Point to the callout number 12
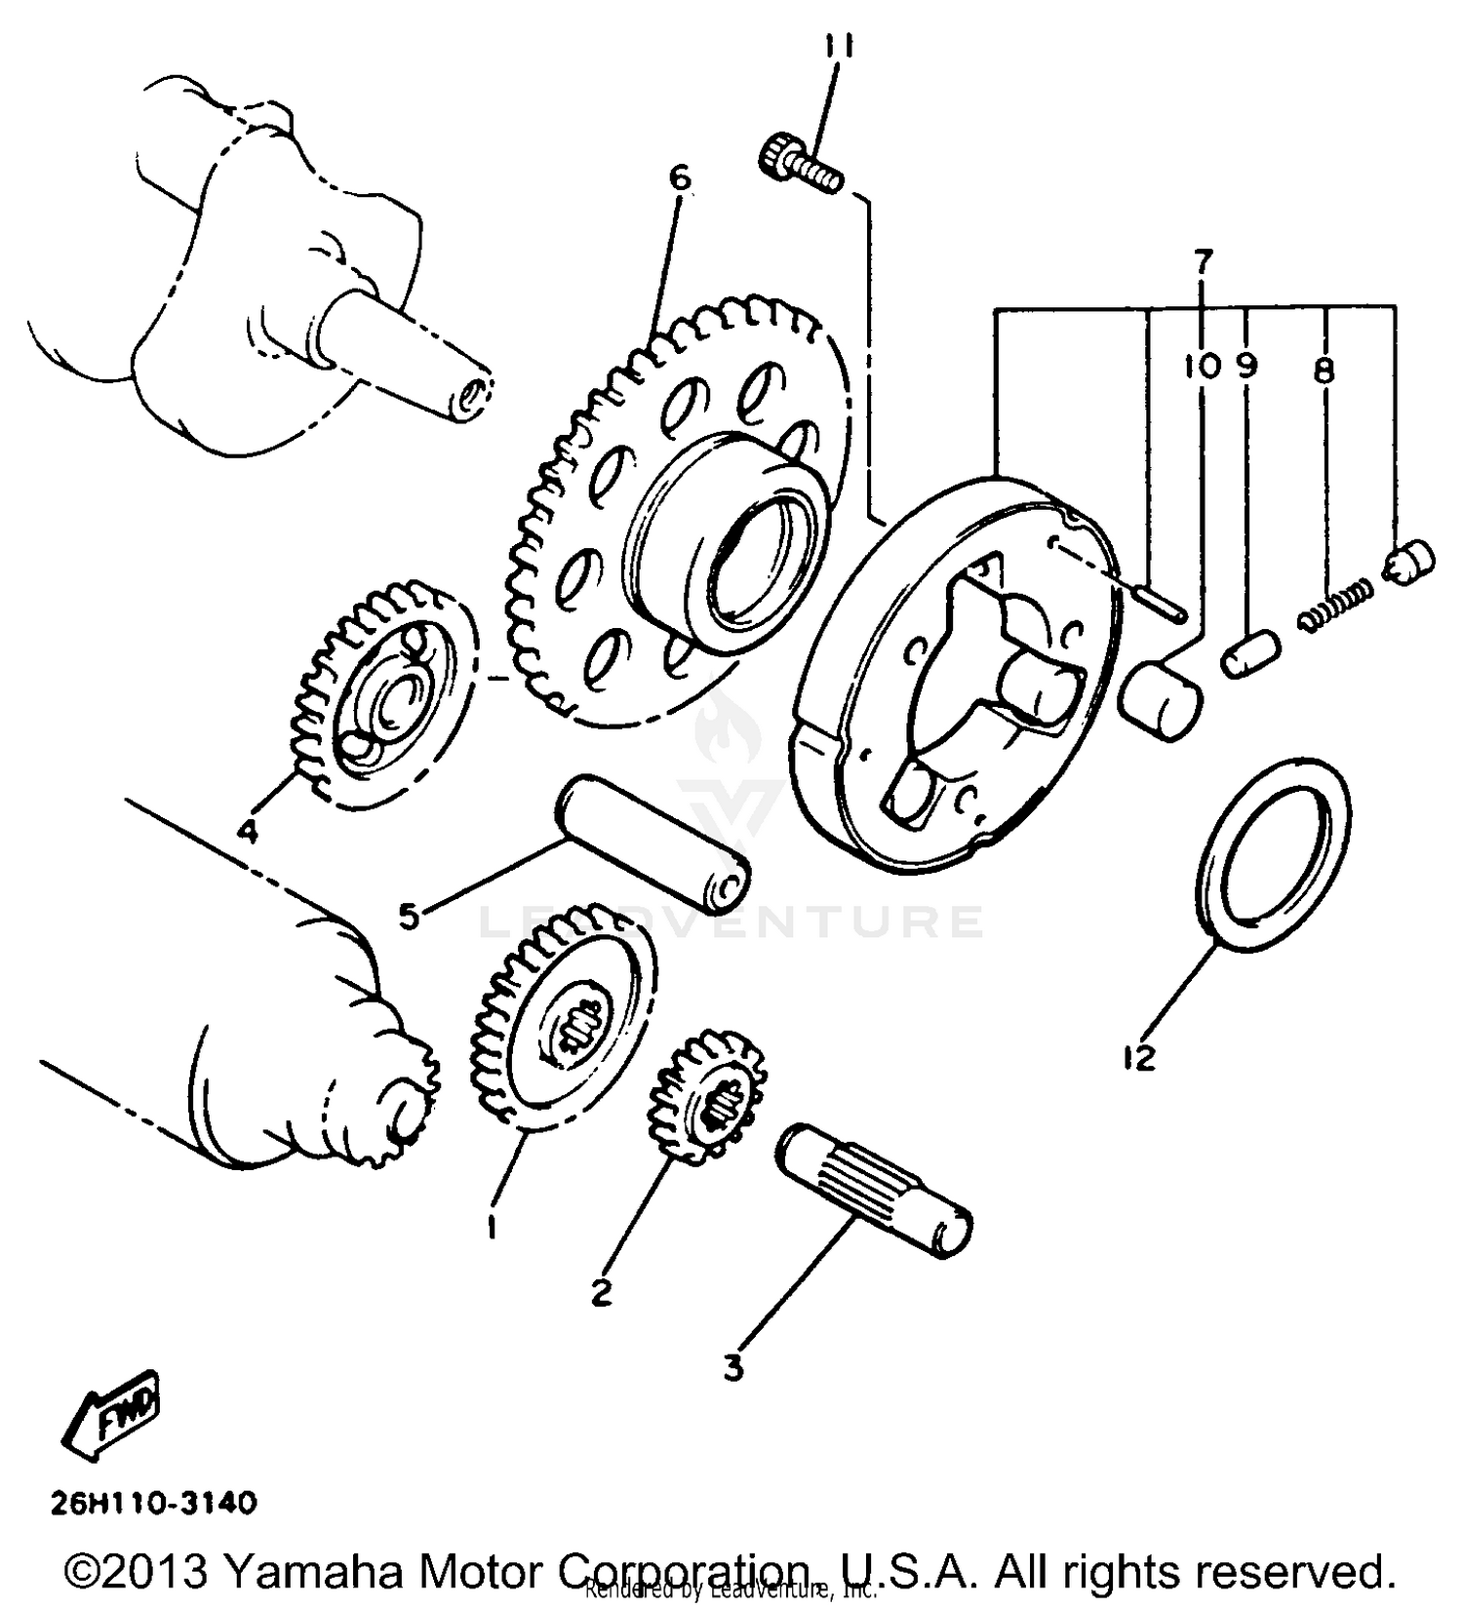coord(1138,1056)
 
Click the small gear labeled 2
coord(707,1097)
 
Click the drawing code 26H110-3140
coord(154,1503)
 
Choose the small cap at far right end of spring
coord(1410,563)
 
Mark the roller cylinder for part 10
coord(1161,699)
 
